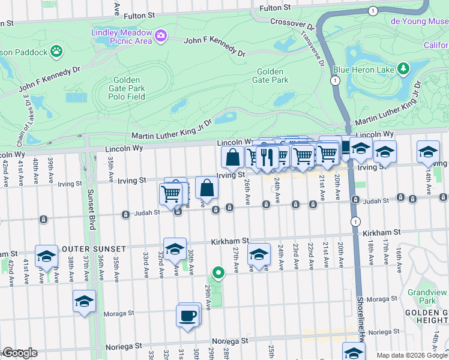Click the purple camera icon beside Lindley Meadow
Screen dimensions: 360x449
pos(160,36)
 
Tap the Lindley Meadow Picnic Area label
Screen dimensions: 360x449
pos(122,36)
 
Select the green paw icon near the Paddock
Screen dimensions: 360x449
pos(56,51)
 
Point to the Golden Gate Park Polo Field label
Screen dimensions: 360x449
pos(127,88)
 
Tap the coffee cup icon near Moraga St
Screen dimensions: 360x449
pos(187,315)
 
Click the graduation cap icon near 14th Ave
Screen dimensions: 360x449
pos(428,152)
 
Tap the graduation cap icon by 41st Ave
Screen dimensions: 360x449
pos(46,256)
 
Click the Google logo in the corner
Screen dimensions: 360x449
pos(19,353)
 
